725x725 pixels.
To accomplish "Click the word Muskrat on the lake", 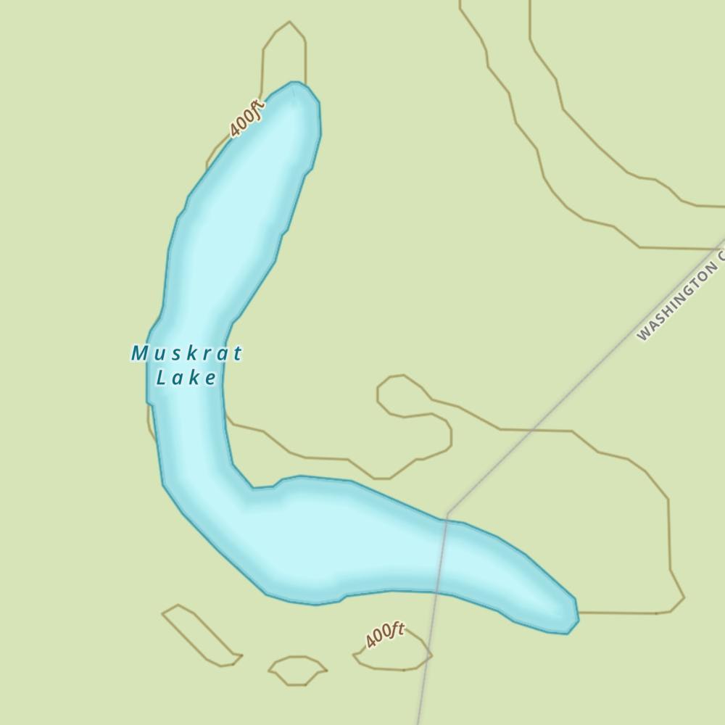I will pyautogui.click(x=186, y=354).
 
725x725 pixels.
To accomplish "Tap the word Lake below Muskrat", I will pyautogui.click(x=186, y=378).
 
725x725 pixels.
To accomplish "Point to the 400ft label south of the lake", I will pyautogui.click(x=385, y=636).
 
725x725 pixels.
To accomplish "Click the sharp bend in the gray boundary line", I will pyautogui.click(x=448, y=513).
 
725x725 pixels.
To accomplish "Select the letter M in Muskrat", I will pyautogui.click(x=139, y=354).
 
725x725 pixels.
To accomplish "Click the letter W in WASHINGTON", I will pyautogui.click(x=642, y=334).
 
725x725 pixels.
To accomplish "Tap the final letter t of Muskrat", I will pyautogui.click(x=237, y=354).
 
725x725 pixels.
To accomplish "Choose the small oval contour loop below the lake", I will pyautogui.click(x=297, y=670).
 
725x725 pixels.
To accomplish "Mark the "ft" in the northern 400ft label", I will pyautogui.click(x=255, y=110).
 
